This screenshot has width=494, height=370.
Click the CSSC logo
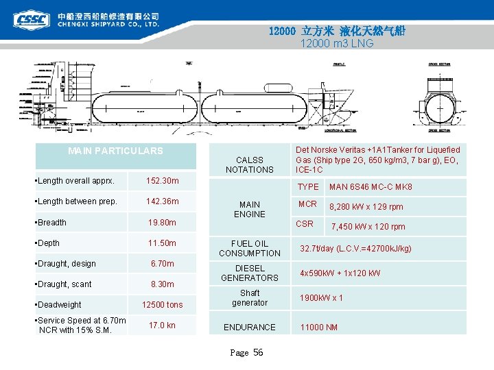click(31, 18)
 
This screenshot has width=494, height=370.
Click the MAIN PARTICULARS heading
click(115, 151)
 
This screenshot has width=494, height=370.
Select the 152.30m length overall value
click(162, 181)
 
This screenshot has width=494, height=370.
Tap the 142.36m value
click(162, 201)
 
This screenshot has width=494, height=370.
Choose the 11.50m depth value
click(162, 243)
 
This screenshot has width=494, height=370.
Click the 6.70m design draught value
click(162, 264)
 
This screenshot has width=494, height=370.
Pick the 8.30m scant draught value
click(162, 284)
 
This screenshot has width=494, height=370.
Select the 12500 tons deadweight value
click(162, 305)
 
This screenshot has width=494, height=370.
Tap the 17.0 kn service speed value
click(162, 325)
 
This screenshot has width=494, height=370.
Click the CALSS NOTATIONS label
click(250, 165)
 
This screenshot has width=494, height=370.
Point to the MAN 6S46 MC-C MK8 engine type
click(370, 187)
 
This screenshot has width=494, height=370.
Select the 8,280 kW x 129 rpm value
click(366, 206)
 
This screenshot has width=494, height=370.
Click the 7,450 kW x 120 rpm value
click(368, 227)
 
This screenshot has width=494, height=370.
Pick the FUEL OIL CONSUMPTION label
click(250, 248)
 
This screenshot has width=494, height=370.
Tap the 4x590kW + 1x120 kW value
click(340, 273)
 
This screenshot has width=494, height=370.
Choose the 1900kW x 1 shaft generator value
click(322, 298)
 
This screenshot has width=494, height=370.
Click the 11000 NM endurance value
click(319, 328)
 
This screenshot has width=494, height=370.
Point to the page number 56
click(258, 353)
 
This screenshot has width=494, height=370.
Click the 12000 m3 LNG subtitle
click(337, 44)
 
